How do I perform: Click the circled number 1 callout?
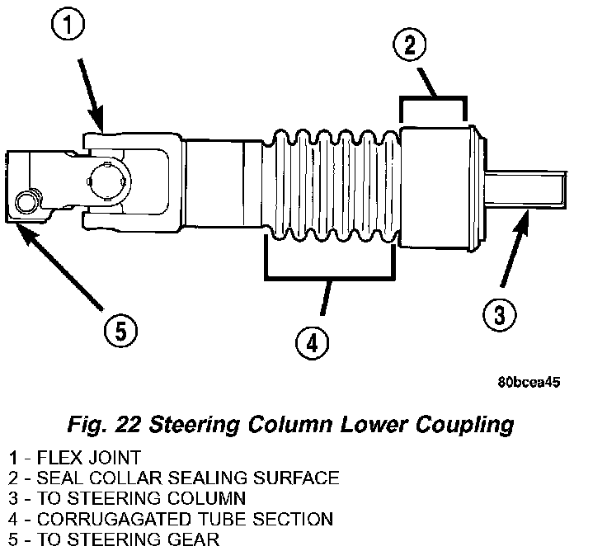[68, 25]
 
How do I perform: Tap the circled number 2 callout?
[410, 45]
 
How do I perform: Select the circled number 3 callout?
[500, 314]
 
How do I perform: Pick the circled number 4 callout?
[312, 343]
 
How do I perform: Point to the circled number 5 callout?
[120, 332]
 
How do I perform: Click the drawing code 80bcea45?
[529, 382]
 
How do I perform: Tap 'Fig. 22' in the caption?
[104, 424]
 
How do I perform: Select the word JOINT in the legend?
[115, 458]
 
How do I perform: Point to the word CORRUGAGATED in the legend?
[112, 519]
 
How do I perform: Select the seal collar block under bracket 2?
[435, 188]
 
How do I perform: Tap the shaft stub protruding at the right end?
[525, 190]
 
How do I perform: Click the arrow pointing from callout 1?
[92, 95]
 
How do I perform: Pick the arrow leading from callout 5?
[59, 266]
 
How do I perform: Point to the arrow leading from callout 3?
[515, 247]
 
